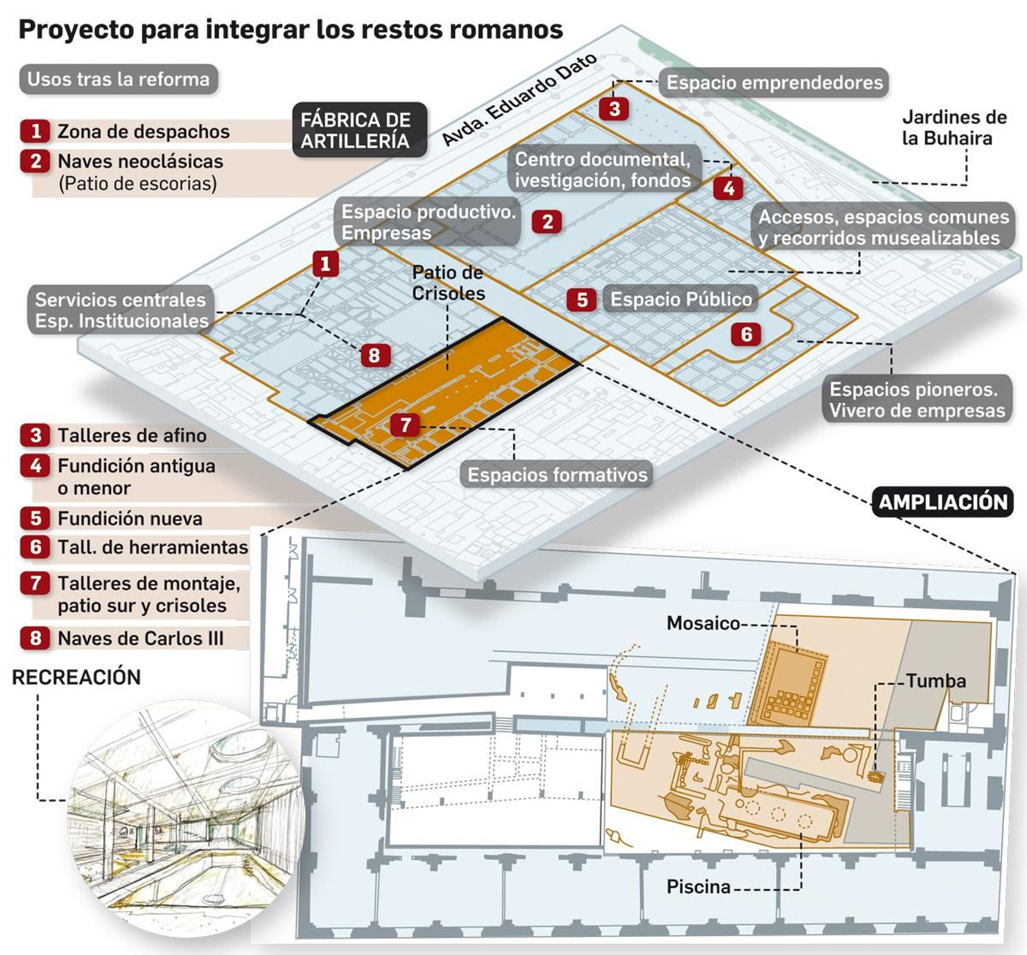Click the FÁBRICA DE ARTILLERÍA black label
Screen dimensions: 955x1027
pyautogui.click(x=359, y=130)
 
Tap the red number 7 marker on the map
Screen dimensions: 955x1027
pyautogui.click(x=405, y=424)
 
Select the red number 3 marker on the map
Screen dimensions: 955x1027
pyautogui.click(x=614, y=108)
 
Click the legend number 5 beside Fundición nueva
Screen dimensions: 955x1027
pyautogui.click(x=36, y=518)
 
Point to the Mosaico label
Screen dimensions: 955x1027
pyautogui.click(x=703, y=623)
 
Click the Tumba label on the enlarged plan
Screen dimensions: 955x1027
pyautogui.click(x=935, y=680)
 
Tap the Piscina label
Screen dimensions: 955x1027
pyautogui.click(x=698, y=886)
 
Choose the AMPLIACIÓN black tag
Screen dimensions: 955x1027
pyautogui.click(x=942, y=502)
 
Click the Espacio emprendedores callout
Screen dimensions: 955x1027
pyautogui.click(x=774, y=83)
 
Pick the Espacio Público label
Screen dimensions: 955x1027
pyautogui.click(x=680, y=299)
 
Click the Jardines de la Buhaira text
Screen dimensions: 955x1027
pyautogui.click(x=953, y=127)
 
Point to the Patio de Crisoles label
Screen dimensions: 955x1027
pyautogui.click(x=447, y=282)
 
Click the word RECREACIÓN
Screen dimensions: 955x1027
pyautogui.click(x=76, y=677)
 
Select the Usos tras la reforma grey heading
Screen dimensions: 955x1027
pyautogui.click(x=119, y=79)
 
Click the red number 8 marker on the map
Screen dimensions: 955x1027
pyautogui.click(x=374, y=355)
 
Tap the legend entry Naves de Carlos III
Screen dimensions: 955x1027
pyautogui.click(x=140, y=638)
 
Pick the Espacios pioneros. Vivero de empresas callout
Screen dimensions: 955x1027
pyautogui.click(x=917, y=399)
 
